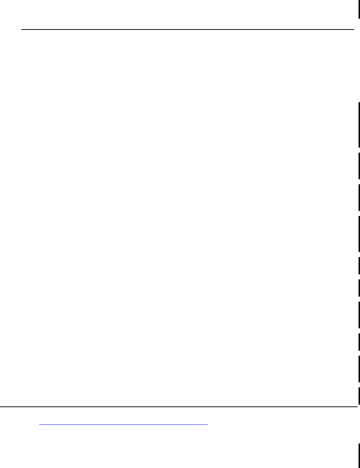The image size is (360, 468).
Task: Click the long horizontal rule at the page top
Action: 187,30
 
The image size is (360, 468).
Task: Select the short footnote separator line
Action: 123,425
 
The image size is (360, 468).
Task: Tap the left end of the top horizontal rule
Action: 22,30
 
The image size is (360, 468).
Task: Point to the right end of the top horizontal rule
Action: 354,30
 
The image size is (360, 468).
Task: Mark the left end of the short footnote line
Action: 40,425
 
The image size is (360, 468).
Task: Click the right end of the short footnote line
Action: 208,425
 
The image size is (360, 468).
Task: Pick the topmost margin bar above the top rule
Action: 359,9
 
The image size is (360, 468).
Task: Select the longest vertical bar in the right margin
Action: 359,125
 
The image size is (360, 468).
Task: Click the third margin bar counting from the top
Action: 359,166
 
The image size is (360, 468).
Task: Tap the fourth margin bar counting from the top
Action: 359,197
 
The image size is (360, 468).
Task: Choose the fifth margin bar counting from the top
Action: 359,234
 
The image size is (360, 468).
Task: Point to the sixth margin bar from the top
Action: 359,266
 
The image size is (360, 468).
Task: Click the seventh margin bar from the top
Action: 359,288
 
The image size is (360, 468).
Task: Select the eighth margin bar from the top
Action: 359,315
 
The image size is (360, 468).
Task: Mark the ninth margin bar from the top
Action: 359,342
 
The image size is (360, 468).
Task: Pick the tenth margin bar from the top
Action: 359,369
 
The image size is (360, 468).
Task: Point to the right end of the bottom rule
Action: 356,407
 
